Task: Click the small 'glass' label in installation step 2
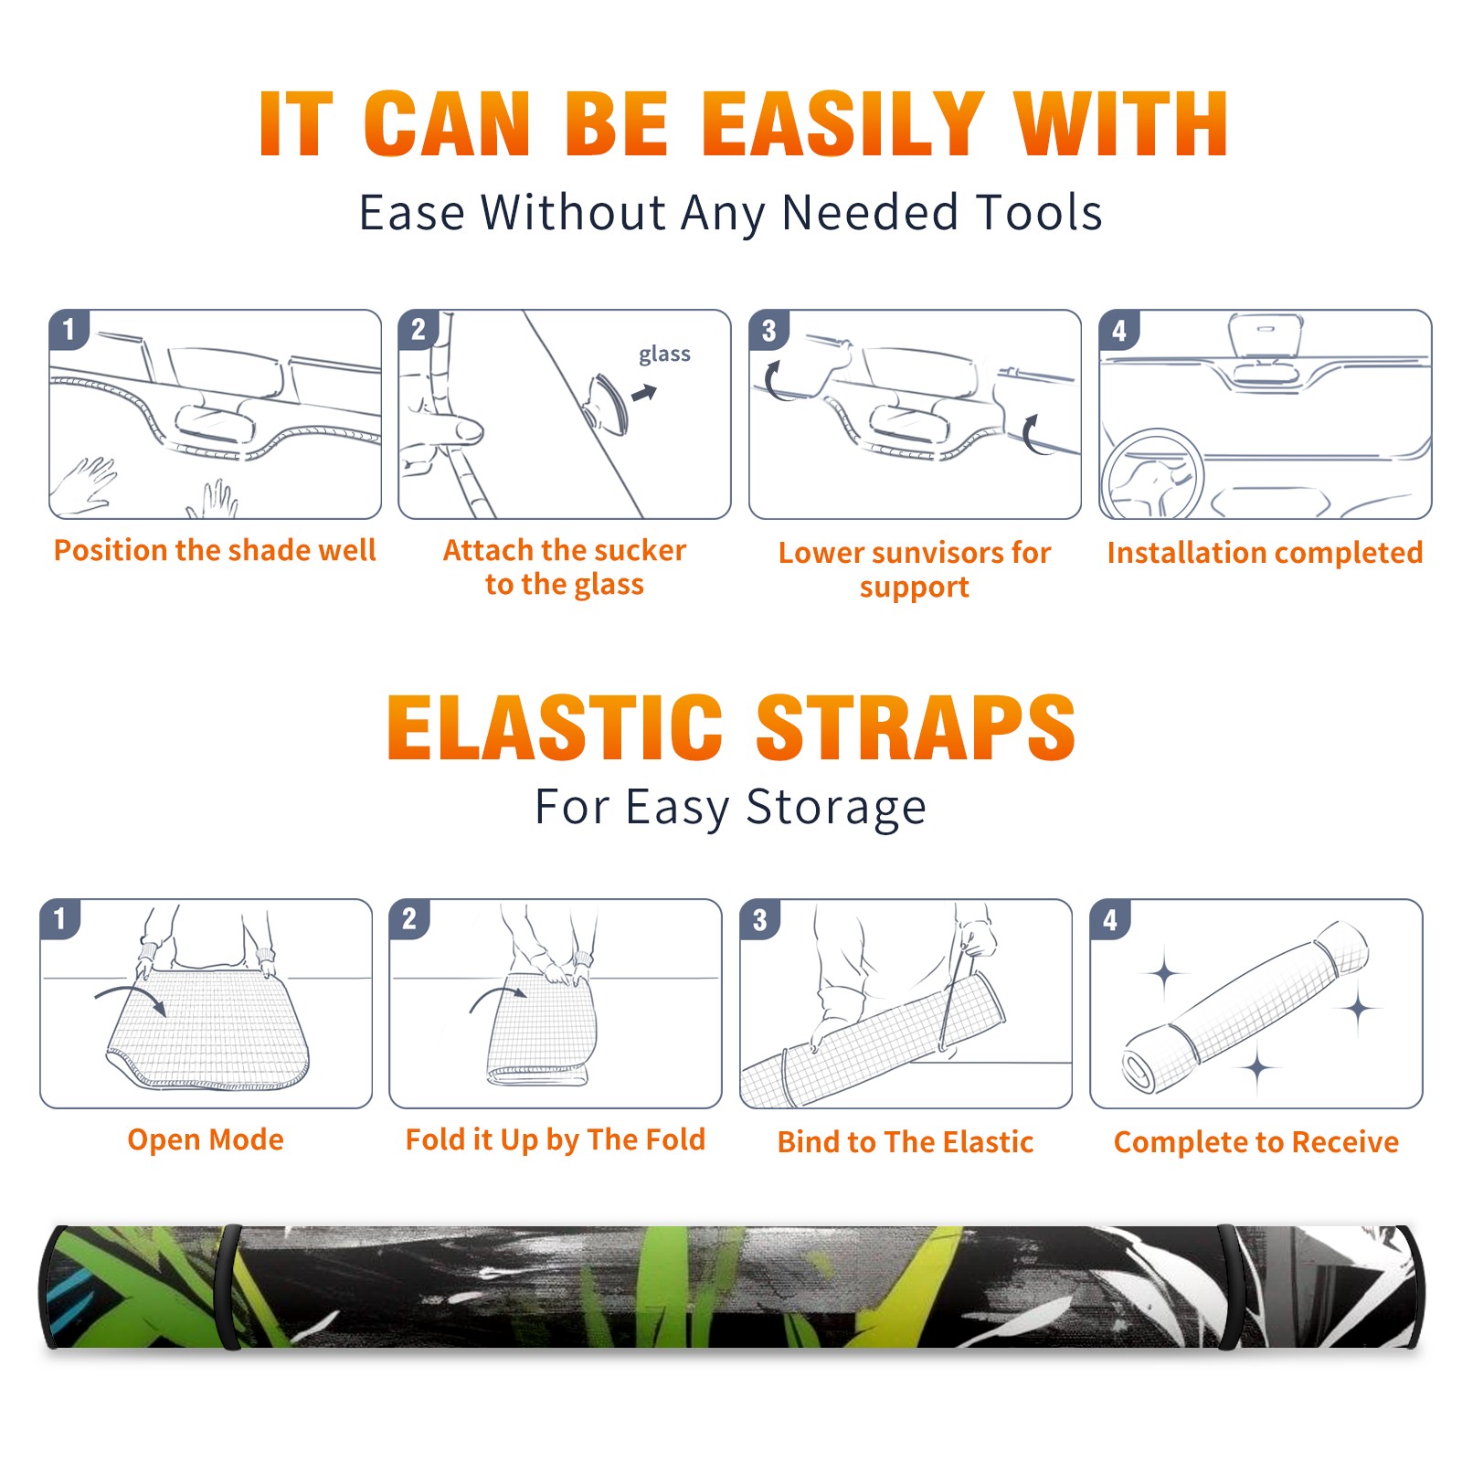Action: pos(664,355)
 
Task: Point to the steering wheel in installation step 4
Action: pos(1151,475)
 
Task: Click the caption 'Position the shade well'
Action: pos(215,550)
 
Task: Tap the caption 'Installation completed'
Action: pos(1265,553)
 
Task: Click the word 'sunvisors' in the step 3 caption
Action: pos(937,553)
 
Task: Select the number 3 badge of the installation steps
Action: pos(768,330)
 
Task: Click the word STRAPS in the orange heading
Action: pos(916,727)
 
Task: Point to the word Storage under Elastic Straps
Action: pos(836,808)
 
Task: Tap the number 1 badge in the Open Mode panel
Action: pos(60,918)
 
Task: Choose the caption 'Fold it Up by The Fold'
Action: pos(556,1140)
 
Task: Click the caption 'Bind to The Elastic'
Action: pos(906,1142)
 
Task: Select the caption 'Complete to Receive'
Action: pos(1256,1142)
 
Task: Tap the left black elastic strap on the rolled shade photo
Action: pos(228,1287)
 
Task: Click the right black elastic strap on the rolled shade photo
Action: pos(1229,1287)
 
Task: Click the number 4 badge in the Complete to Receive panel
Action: pos(1110,919)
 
